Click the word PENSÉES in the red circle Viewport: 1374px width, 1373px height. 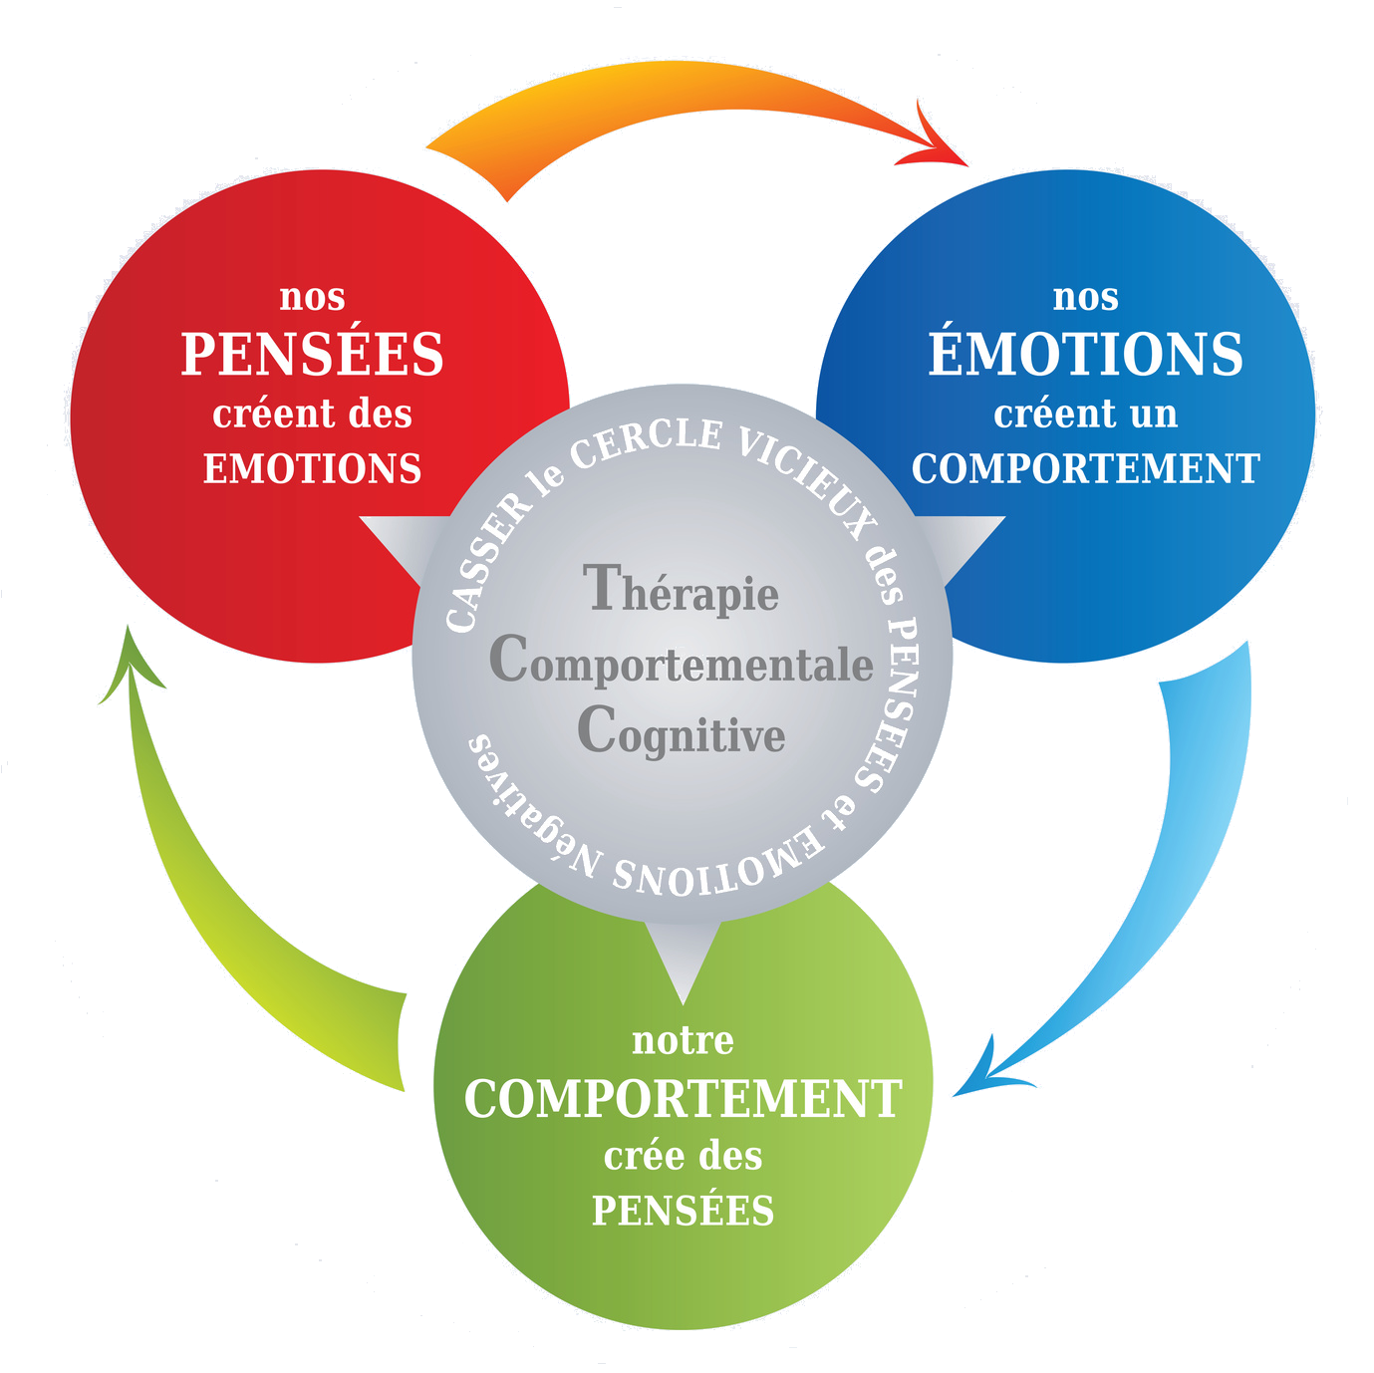312,355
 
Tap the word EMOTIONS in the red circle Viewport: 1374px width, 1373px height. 313,468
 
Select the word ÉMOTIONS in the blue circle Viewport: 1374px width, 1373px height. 1085,355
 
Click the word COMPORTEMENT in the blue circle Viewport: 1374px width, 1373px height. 1085,468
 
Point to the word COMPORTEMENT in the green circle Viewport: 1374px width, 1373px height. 684,1099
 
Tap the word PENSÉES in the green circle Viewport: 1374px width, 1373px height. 684,1211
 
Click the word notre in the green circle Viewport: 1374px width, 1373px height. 684,1041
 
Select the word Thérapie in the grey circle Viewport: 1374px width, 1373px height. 683,591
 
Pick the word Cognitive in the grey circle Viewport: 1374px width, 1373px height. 682,734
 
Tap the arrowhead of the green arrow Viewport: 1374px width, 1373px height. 131,663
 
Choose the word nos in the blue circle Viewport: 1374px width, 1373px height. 1085,297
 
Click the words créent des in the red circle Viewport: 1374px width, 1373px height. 312,413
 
